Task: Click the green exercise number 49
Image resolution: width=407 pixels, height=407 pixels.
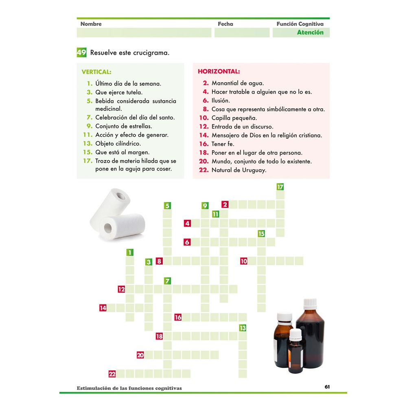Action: (x=81, y=53)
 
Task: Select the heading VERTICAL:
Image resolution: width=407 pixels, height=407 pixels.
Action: (x=96, y=72)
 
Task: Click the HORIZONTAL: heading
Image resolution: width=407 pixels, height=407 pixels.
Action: (x=219, y=72)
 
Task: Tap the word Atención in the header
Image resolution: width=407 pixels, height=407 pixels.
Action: (x=310, y=33)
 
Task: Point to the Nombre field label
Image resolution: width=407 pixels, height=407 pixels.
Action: (x=91, y=24)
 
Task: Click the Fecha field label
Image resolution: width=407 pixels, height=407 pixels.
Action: (x=225, y=24)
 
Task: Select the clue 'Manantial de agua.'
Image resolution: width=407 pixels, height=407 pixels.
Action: (x=238, y=83)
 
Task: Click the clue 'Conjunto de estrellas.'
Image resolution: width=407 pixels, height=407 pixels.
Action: (x=124, y=126)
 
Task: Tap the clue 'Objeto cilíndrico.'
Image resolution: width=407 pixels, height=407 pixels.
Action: (x=118, y=143)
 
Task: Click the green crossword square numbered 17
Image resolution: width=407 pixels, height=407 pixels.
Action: (x=280, y=187)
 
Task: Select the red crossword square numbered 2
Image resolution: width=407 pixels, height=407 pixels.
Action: (x=225, y=204)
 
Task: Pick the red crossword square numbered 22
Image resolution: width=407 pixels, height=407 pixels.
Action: (x=112, y=374)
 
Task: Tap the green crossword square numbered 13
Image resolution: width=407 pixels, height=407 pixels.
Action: (x=243, y=328)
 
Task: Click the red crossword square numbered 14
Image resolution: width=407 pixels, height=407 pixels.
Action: (x=103, y=308)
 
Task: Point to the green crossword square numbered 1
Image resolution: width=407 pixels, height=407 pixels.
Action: (x=130, y=252)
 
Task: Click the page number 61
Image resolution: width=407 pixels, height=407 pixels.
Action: (x=327, y=387)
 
